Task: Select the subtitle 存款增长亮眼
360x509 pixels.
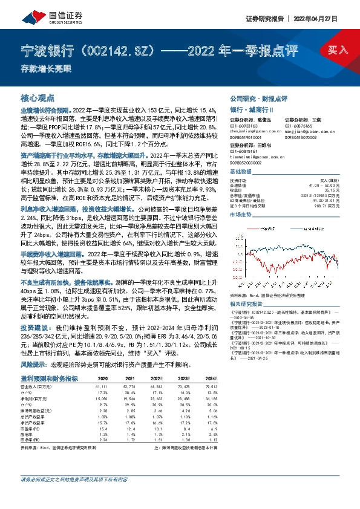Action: [x=41, y=68]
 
